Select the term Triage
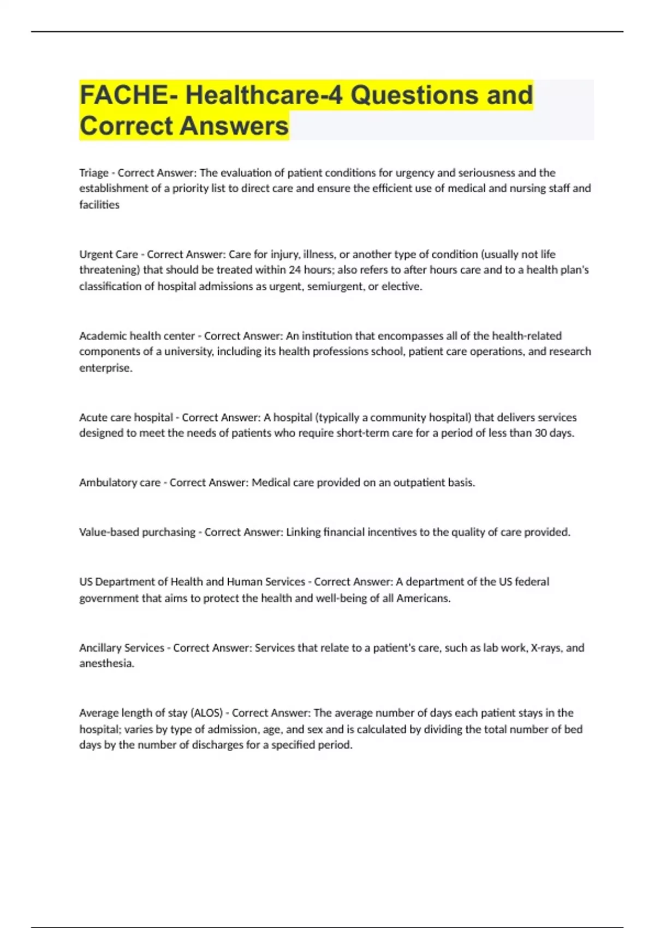click(94, 173)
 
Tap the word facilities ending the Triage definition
click(99, 205)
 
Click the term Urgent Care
click(109, 254)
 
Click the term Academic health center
click(137, 336)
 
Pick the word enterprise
click(105, 368)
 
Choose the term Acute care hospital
click(126, 418)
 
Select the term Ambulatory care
click(120, 483)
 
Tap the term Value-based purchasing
click(137, 532)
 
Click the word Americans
click(423, 598)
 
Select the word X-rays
click(546, 648)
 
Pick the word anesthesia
click(106, 664)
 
